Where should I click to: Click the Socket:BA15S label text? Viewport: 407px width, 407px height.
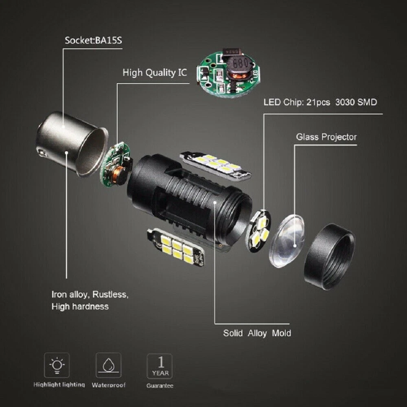tap(93, 40)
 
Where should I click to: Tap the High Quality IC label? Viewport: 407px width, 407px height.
tap(155, 73)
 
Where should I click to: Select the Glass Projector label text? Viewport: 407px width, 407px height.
tap(326, 137)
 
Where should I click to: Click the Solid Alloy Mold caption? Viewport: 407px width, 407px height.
tap(257, 333)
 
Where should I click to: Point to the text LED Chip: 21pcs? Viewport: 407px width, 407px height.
tap(297, 102)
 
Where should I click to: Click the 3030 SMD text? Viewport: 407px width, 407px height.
tap(356, 102)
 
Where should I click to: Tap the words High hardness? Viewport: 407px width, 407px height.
tap(80, 306)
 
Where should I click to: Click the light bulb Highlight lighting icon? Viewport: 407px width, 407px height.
tap(57, 365)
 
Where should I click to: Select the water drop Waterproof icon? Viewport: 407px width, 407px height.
tap(109, 365)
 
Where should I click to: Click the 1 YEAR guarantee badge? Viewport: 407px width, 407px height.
tap(160, 366)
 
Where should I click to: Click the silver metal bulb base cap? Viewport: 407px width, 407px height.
tap(71, 144)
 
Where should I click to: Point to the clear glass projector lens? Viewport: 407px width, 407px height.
tap(287, 241)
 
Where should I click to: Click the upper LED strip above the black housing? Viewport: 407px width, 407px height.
tap(215, 166)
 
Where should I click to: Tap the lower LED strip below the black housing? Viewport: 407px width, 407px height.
tap(176, 247)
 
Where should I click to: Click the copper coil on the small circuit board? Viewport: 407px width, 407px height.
tap(118, 172)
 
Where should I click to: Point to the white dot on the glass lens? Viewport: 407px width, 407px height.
tap(295, 245)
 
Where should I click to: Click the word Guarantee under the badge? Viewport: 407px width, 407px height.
tap(160, 386)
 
